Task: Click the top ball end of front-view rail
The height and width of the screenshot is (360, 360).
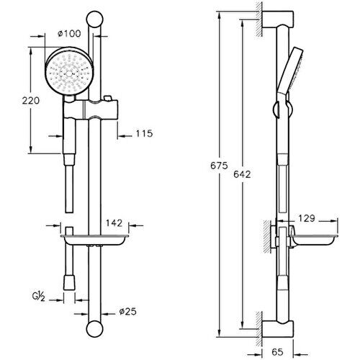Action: [x=94, y=17]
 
